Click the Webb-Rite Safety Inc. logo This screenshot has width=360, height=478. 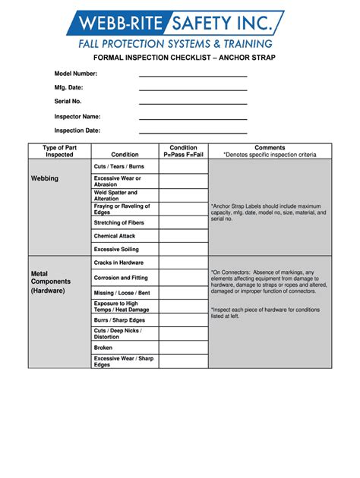click(180, 29)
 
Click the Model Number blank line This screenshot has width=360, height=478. click(193, 76)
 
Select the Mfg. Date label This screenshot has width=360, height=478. click(68, 88)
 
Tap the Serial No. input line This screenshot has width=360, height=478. click(193, 104)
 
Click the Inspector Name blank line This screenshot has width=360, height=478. click(193, 118)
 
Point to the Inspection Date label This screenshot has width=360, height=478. click(77, 131)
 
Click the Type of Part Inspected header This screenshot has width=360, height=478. click(59, 151)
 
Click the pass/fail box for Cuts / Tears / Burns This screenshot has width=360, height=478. click(183, 166)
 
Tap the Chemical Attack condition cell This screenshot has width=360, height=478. click(115, 236)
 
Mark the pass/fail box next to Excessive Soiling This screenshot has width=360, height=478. click(183, 249)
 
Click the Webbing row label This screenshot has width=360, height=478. click(44, 178)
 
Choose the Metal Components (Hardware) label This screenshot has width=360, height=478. click(48, 281)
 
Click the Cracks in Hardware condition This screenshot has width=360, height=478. click(118, 263)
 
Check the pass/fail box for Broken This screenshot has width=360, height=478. click(183, 347)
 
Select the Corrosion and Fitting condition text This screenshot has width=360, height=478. click(121, 278)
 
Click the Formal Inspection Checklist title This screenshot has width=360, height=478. click(184, 58)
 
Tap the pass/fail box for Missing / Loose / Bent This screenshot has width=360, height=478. click(183, 292)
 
